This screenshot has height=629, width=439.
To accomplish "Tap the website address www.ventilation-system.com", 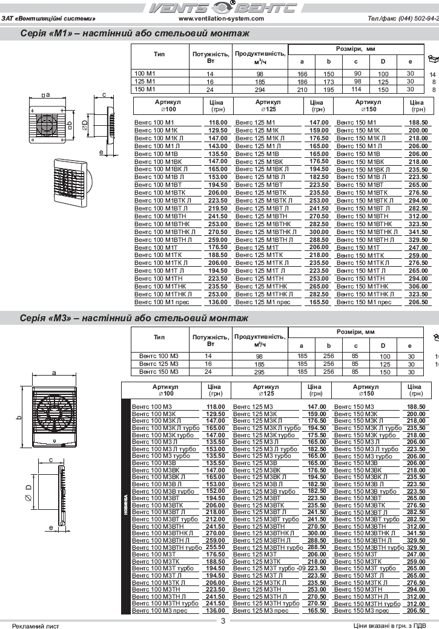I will point(222,19).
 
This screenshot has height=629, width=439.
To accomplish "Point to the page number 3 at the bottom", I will point(223,621).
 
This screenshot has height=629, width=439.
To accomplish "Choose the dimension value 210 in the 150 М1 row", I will point(302,90).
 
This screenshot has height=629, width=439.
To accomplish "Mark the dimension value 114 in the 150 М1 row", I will point(357,89).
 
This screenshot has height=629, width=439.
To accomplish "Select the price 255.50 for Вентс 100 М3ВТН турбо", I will point(215,547).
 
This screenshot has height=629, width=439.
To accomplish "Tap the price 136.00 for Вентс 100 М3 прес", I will point(215,611).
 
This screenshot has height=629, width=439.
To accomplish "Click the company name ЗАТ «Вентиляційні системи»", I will point(49,19).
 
